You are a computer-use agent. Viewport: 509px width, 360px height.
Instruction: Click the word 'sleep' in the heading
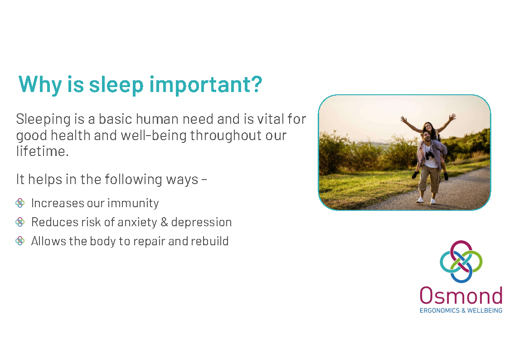[x=116, y=85]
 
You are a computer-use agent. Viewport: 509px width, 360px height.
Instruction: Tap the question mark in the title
[x=256, y=83]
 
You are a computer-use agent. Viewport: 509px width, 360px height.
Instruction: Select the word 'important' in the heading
[x=199, y=85]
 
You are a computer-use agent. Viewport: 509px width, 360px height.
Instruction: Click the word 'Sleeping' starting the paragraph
[x=43, y=119]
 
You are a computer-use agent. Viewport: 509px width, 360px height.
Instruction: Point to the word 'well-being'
[x=154, y=136]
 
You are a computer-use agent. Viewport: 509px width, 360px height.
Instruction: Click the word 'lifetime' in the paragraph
[x=41, y=151]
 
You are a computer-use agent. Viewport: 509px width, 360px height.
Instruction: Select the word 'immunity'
[x=133, y=204]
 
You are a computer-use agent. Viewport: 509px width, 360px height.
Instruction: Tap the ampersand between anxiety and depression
[x=164, y=222]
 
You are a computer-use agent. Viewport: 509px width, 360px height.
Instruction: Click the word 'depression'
[x=201, y=223]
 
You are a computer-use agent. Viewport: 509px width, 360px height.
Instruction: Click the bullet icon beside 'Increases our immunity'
[x=20, y=203]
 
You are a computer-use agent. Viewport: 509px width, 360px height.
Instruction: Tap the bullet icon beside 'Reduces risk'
[x=20, y=222]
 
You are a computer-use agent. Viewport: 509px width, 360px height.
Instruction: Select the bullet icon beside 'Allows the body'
[x=20, y=241]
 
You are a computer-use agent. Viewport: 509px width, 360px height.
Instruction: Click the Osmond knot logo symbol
[x=461, y=262]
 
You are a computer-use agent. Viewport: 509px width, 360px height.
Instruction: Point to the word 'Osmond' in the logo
[x=461, y=296]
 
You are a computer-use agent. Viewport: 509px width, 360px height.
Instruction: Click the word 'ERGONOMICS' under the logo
[x=440, y=311]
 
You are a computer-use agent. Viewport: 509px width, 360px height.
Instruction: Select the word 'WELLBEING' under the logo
[x=485, y=311]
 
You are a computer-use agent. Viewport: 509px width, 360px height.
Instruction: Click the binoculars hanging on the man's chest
[x=430, y=155]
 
